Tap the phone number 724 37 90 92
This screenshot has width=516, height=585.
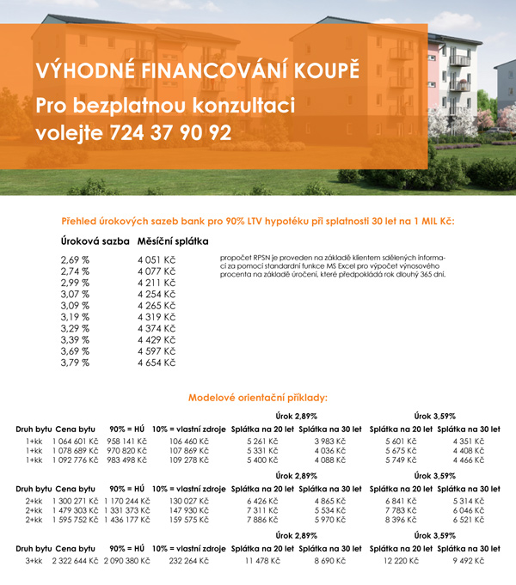point(172,133)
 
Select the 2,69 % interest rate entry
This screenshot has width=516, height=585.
point(76,259)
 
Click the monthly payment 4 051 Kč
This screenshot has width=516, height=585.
point(157,259)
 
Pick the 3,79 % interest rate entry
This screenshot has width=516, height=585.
point(76,363)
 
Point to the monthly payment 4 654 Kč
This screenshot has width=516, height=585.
point(157,363)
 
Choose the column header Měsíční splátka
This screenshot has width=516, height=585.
point(173,241)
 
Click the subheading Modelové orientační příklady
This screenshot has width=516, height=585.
point(258,398)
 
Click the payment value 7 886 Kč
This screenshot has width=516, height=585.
point(263,520)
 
